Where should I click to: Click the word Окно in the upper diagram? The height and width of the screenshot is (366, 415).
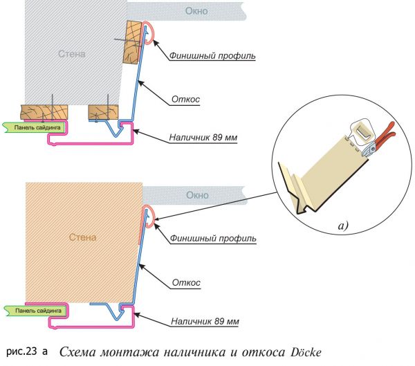(x=196, y=11)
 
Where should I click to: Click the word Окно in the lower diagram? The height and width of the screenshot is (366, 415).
(x=197, y=195)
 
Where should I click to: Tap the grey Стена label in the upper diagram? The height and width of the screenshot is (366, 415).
(x=72, y=54)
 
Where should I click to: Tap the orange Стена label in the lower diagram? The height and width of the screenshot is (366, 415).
(x=82, y=237)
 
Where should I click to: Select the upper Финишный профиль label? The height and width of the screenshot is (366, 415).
(x=212, y=56)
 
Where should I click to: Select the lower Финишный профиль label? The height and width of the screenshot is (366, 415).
(x=213, y=239)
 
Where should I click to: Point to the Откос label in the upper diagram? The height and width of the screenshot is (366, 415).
(x=185, y=100)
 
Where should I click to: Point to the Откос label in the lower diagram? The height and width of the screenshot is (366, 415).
(x=186, y=282)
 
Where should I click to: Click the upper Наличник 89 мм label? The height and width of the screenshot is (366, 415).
(x=203, y=138)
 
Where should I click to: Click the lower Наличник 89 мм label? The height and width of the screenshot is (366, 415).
(x=205, y=322)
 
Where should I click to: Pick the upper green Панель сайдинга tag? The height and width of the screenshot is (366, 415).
(x=34, y=127)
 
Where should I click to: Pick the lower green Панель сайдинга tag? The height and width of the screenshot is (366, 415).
(x=35, y=311)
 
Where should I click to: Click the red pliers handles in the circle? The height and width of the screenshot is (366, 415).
(x=385, y=135)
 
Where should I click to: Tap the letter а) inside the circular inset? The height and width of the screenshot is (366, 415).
(x=343, y=226)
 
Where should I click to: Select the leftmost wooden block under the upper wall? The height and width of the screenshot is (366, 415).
(x=44, y=112)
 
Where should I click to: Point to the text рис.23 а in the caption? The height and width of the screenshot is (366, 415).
(x=27, y=351)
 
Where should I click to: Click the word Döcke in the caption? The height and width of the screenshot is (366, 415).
(x=306, y=352)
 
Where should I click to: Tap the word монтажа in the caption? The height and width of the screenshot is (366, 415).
(x=130, y=353)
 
